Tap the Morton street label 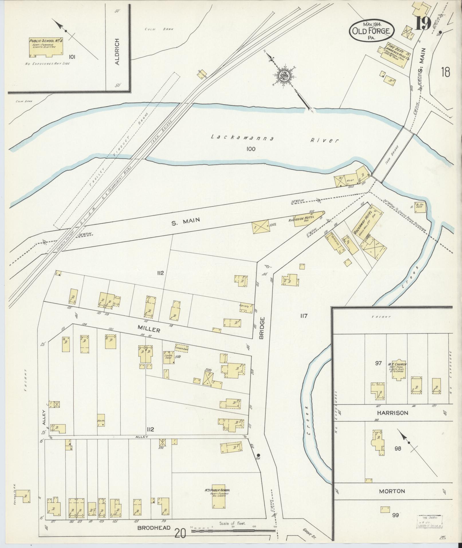(392, 491)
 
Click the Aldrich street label (117, 52)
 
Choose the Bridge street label (261, 328)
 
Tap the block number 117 (304, 316)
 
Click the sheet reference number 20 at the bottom (181, 533)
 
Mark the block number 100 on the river (250, 149)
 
